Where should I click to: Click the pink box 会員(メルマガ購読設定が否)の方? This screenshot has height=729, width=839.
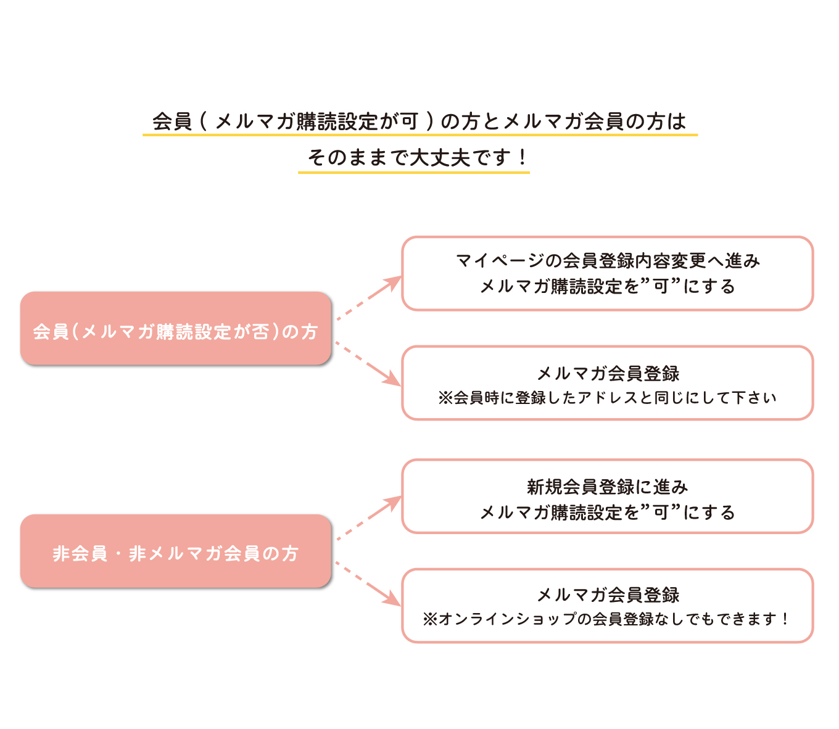[x=175, y=328]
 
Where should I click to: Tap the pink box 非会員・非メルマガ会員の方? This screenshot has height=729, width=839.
[x=175, y=551]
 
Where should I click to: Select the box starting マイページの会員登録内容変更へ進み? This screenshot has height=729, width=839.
[x=607, y=273]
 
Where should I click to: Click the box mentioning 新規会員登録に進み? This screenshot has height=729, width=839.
[x=607, y=496]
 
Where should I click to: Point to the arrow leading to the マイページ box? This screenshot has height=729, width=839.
[x=368, y=298]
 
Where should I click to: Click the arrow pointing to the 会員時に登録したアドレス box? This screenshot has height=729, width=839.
[x=368, y=363]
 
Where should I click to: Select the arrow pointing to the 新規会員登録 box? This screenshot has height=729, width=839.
[x=368, y=518]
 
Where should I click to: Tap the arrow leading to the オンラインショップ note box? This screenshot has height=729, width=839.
[x=368, y=583]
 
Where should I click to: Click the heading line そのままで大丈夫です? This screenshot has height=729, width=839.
[x=416, y=157]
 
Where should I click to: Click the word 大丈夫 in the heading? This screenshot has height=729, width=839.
[x=440, y=157]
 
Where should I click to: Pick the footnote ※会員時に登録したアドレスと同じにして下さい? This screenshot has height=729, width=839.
[x=607, y=397]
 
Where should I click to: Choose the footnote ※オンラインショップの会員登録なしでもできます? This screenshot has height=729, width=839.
[x=606, y=619]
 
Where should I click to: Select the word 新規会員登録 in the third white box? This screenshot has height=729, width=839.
[x=581, y=487]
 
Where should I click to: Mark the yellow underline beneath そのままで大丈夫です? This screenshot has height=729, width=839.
[x=414, y=173]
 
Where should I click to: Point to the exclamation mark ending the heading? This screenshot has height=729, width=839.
[x=522, y=157]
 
